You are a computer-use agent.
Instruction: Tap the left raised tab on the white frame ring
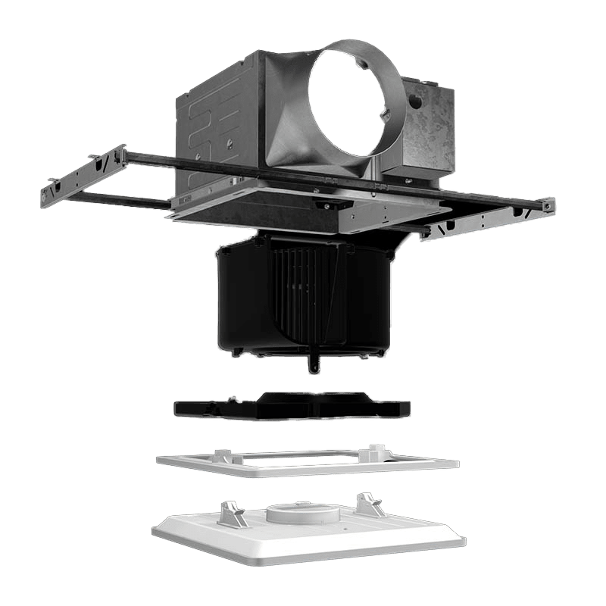(223, 455)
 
